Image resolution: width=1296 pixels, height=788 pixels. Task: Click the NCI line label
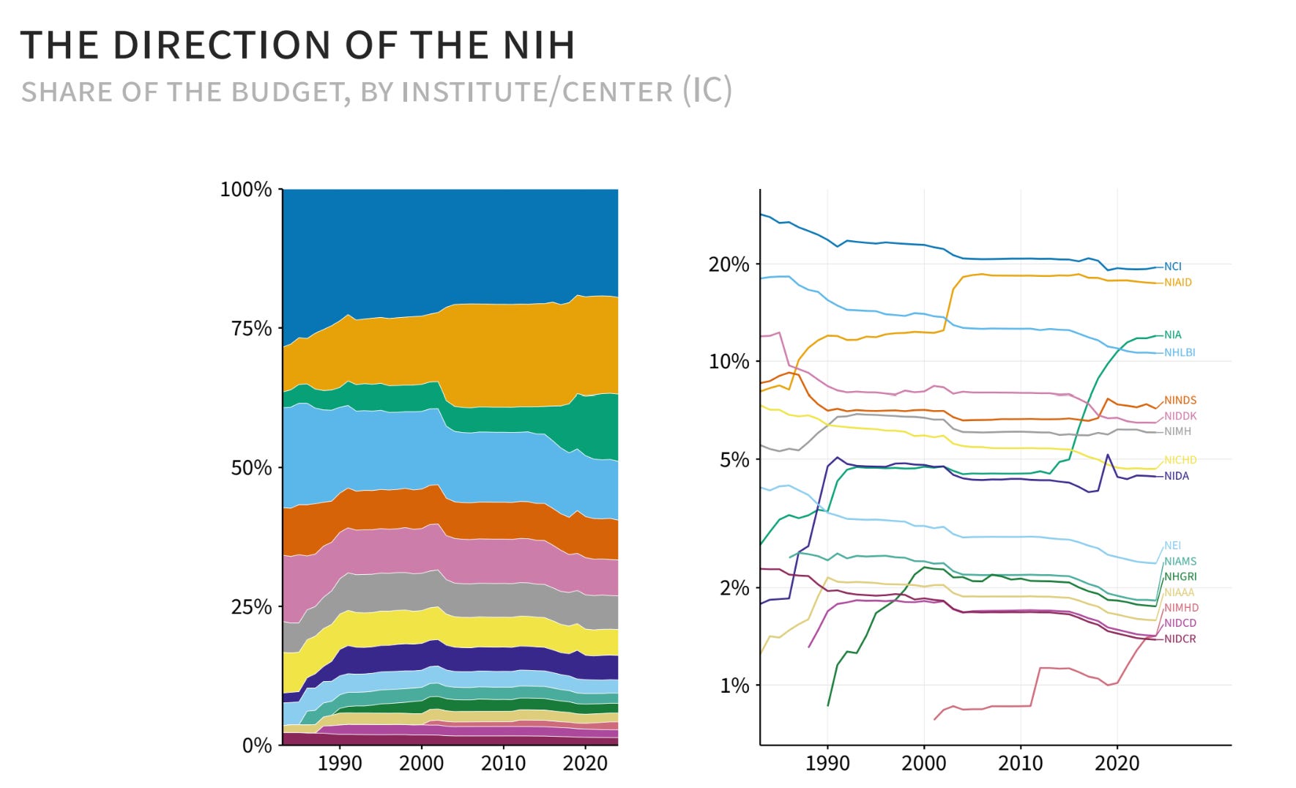coord(1172,267)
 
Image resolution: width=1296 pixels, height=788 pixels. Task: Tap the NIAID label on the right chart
coord(1177,282)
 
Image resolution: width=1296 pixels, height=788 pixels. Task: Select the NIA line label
coord(1172,335)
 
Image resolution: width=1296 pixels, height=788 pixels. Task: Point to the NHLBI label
coord(1179,352)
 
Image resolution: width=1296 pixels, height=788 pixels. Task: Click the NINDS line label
coord(1180,400)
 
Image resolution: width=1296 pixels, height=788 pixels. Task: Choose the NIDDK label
coord(1180,415)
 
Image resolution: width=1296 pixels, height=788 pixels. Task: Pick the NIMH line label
coord(1177,431)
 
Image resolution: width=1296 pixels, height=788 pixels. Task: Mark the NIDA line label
coord(1176,476)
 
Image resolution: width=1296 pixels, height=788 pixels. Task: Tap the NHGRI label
coord(1180,576)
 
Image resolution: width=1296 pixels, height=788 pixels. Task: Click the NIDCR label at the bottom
coord(1180,639)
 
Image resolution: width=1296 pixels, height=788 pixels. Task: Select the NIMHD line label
coord(1181,607)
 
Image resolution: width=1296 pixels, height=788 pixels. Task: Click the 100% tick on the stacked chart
coord(246,190)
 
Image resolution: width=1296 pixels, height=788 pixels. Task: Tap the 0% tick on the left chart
coord(257,746)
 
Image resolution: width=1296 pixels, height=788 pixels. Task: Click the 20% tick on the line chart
coord(729,264)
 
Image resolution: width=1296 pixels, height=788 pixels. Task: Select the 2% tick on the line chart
coord(734,587)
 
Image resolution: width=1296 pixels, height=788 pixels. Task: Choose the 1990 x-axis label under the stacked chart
coord(340,764)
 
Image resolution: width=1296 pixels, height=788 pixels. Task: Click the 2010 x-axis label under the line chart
coord(1021,764)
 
